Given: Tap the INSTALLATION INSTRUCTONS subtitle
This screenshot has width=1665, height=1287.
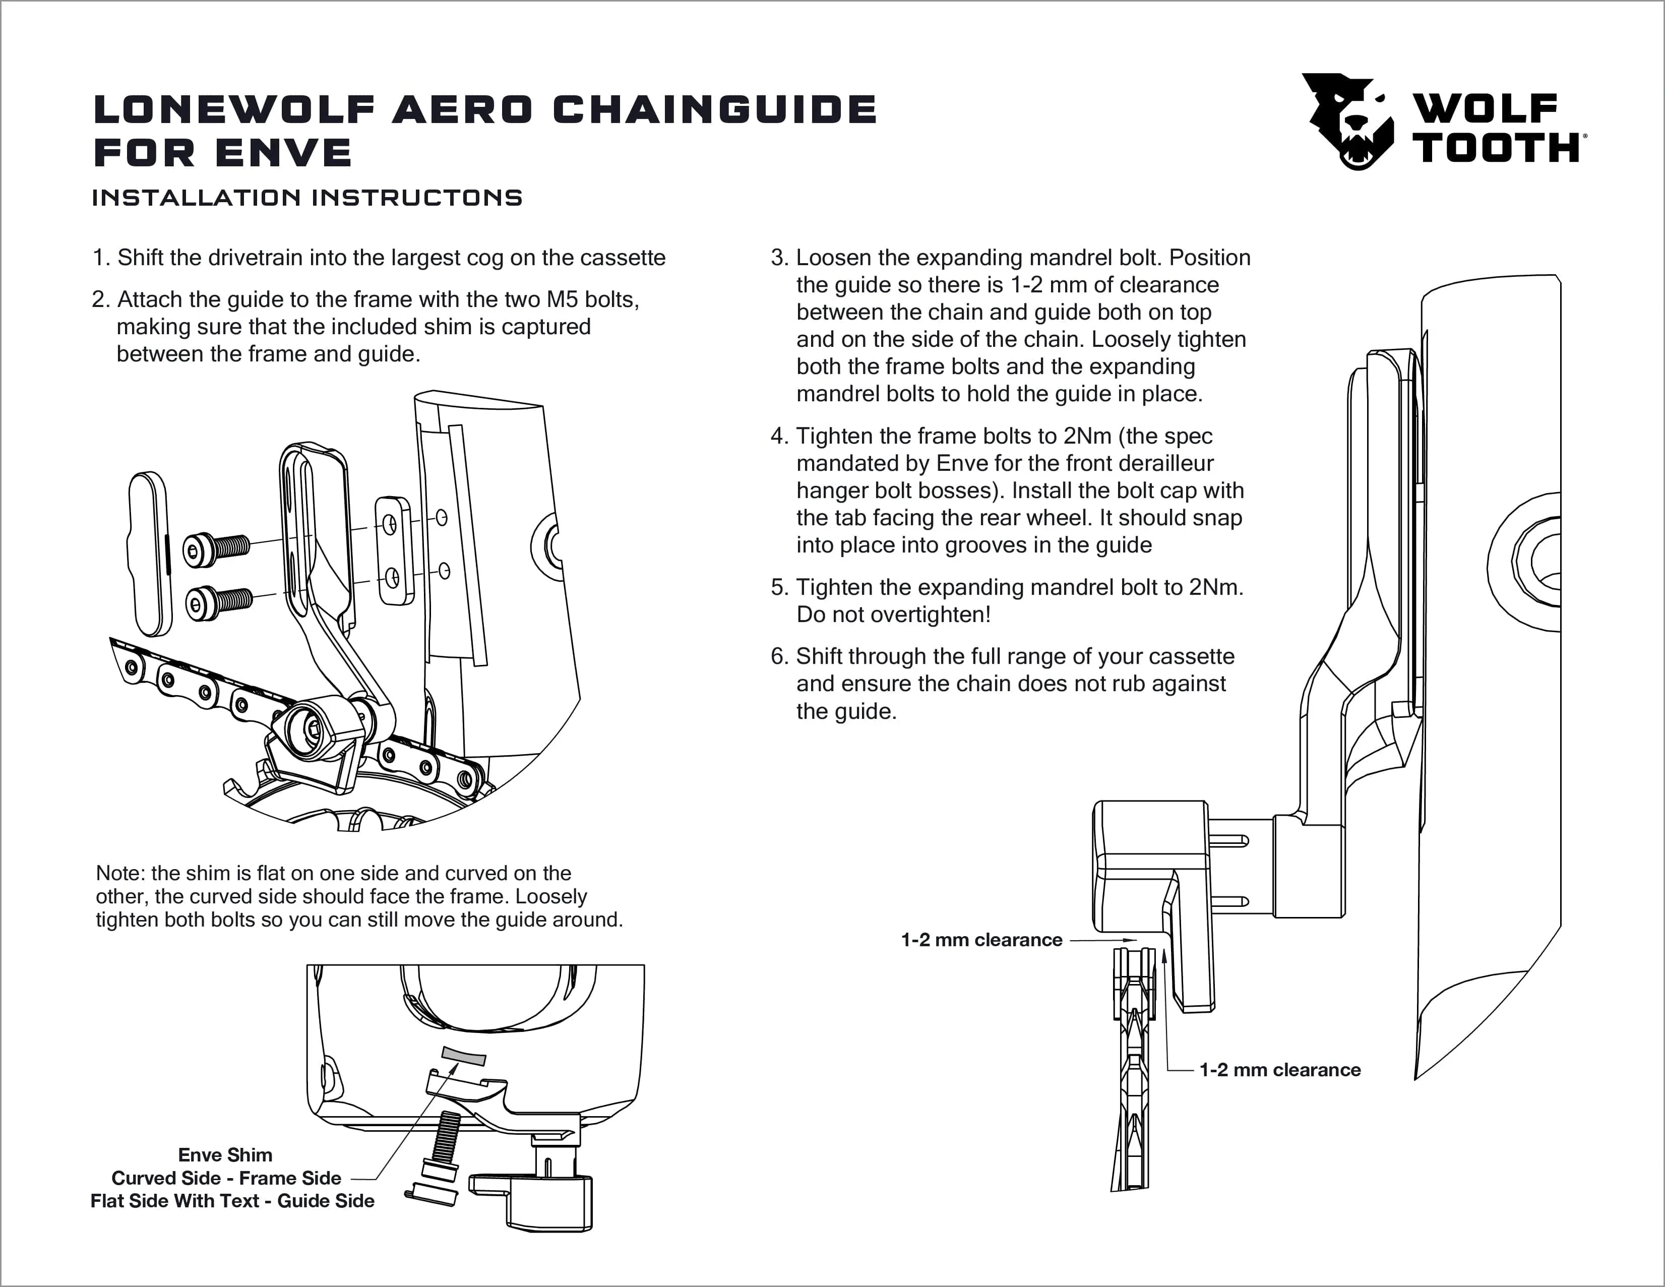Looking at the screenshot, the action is (x=307, y=198).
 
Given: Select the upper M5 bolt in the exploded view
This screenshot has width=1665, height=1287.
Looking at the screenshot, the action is (x=217, y=548).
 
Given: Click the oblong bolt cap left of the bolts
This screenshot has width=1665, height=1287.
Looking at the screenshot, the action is (x=149, y=554).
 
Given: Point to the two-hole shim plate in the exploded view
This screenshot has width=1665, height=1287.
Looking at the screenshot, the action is (x=394, y=550).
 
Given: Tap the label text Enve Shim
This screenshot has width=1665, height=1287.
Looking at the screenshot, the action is (x=225, y=1155).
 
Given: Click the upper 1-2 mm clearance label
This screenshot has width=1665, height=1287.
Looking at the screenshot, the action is (x=981, y=940).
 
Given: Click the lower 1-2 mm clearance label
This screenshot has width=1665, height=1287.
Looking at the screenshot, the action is (x=1280, y=1070).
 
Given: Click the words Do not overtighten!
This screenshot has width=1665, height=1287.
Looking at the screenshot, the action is (x=893, y=615).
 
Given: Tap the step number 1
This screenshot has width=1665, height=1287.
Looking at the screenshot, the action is (x=100, y=258).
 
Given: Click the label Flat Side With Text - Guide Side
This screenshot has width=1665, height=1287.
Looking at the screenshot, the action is (x=232, y=1201).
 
